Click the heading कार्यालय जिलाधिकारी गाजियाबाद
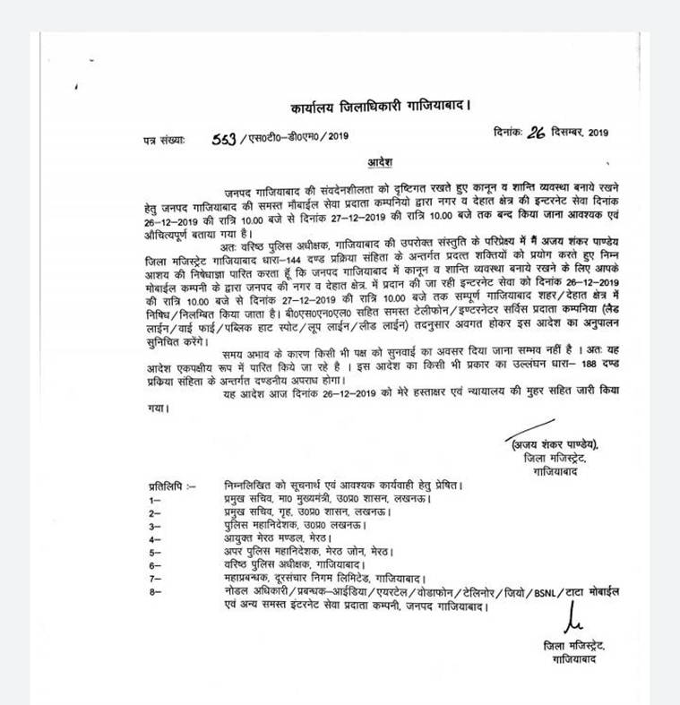[380, 107]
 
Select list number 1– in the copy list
[155, 500]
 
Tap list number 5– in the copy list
[155, 553]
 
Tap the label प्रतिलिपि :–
[172, 486]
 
